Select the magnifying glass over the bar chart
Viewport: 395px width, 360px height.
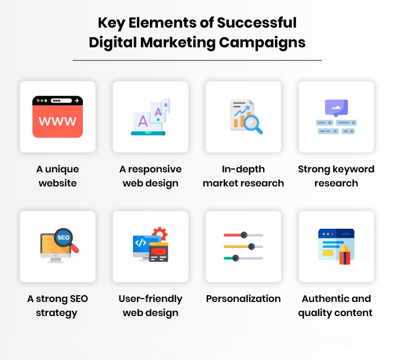coord(252,123)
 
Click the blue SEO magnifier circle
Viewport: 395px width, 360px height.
coord(63,238)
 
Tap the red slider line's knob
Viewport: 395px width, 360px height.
coord(243,234)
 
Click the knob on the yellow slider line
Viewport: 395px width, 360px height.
coord(251,246)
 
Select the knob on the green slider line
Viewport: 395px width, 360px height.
coord(236,258)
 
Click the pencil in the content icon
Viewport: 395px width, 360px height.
coord(344,255)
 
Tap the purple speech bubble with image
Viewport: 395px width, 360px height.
coord(336,107)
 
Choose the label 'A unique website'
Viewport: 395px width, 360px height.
coord(57,176)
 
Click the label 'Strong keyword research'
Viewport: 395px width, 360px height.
coord(336,176)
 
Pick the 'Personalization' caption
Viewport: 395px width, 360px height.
coord(243,299)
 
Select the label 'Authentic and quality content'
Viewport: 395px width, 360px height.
coord(336,305)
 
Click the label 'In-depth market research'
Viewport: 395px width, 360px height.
coord(243,176)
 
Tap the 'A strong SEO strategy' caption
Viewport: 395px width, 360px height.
coord(57,305)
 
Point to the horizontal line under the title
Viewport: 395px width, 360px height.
coord(197,60)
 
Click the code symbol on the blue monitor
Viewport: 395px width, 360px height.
coord(140,243)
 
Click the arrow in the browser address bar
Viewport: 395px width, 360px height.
coord(76,101)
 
